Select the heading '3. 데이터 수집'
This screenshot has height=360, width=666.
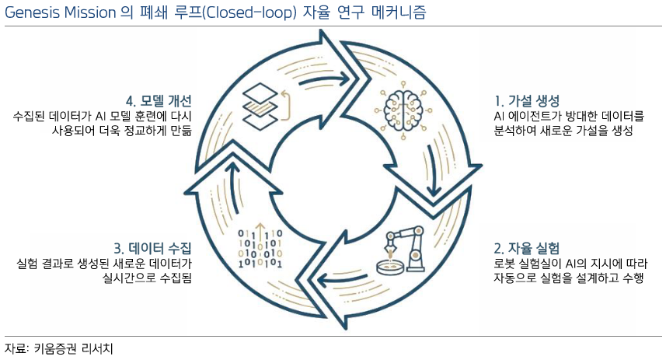152,249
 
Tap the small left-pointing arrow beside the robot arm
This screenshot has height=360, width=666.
336,274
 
